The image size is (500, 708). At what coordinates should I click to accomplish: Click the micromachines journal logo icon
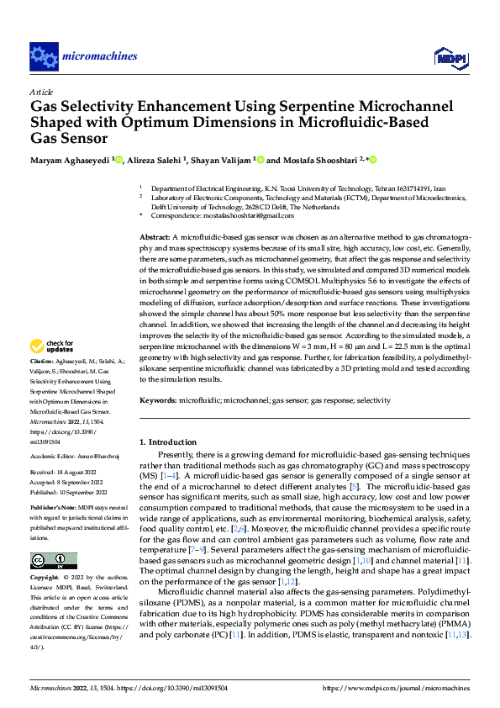(x=42, y=56)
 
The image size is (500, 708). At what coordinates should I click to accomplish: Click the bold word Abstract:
(x=155, y=239)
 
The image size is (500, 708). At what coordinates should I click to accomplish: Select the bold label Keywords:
(x=158, y=401)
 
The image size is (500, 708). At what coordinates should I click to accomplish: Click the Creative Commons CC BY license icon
(x=53, y=560)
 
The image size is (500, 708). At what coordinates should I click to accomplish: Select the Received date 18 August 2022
(x=79, y=473)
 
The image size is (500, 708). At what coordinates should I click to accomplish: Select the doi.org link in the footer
(x=181, y=687)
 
